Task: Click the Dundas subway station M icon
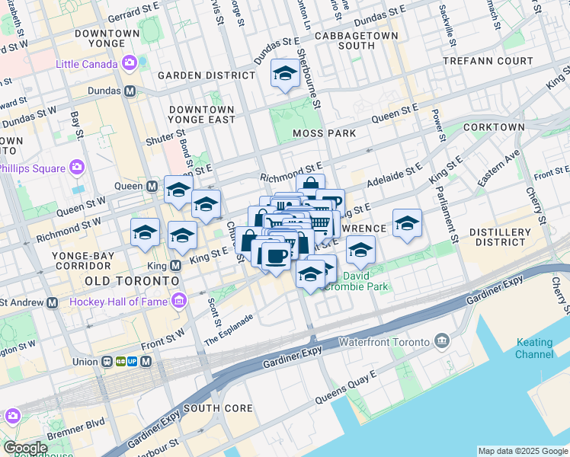click(130, 91)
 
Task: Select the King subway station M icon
click(175, 266)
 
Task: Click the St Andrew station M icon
click(52, 302)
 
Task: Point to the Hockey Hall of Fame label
click(118, 302)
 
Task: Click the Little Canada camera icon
click(130, 62)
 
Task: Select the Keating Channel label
click(534, 348)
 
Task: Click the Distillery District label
click(498, 237)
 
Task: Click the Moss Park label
click(324, 133)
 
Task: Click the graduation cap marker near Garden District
click(285, 74)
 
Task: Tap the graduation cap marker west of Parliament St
click(407, 222)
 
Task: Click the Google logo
click(26, 448)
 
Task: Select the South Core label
click(218, 408)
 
